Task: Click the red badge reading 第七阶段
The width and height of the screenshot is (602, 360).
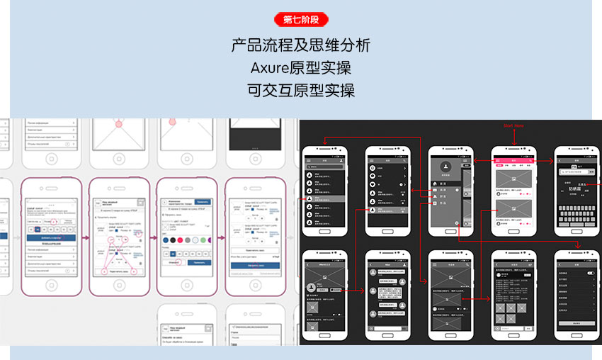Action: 300,20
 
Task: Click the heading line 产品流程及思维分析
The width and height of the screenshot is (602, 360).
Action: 300,46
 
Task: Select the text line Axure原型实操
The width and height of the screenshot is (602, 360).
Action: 300,68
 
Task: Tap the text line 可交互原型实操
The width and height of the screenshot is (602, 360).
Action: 300,90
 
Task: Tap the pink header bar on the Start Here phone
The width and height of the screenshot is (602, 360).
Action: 513,161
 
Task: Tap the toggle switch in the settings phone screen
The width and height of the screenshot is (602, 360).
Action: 589,273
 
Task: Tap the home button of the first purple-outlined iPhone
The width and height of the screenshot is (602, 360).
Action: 51,286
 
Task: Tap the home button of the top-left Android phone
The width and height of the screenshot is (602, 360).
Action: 324,231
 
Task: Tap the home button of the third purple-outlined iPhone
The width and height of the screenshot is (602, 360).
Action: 187,286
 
